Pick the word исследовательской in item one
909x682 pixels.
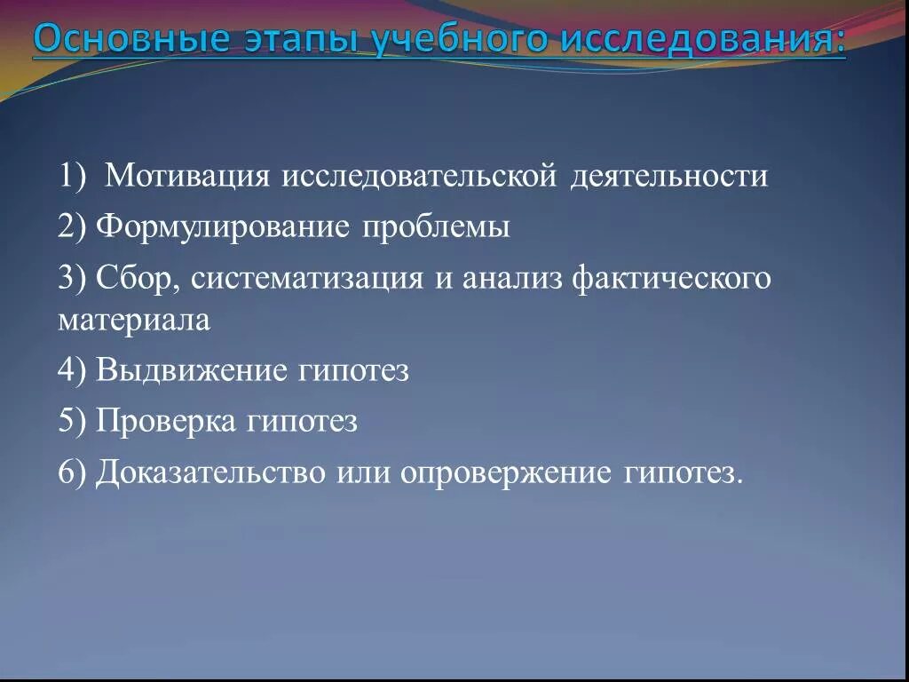click(x=417, y=176)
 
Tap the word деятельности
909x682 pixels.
click(x=669, y=176)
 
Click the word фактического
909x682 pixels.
click(x=672, y=279)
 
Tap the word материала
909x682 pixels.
click(x=134, y=320)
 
